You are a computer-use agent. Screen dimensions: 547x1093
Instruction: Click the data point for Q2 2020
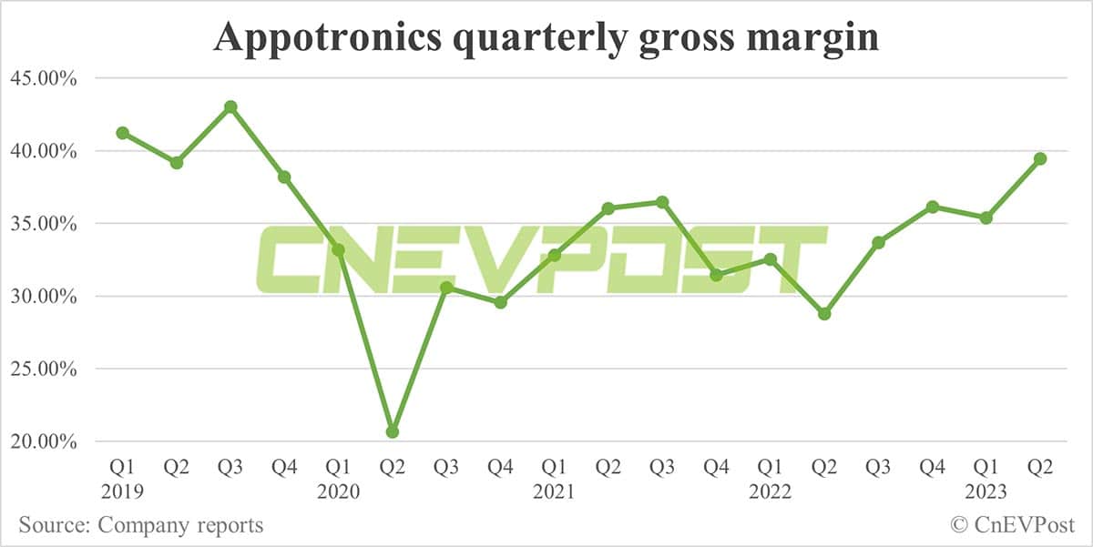(x=393, y=431)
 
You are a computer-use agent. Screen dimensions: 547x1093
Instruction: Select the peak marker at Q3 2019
(x=230, y=106)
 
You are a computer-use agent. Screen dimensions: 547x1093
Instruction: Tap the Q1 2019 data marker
(x=122, y=133)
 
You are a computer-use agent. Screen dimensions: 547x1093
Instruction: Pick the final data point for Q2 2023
(x=1040, y=158)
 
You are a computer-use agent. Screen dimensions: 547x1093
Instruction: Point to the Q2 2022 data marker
(x=824, y=314)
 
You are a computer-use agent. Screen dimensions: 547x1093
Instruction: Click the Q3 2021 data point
(x=662, y=202)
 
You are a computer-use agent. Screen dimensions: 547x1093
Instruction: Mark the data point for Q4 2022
(x=932, y=207)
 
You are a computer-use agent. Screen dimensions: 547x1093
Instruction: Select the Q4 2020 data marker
(x=500, y=302)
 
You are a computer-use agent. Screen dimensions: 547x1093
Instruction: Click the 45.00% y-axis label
(x=43, y=78)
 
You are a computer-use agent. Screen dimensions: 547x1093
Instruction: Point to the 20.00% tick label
(x=43, y=442)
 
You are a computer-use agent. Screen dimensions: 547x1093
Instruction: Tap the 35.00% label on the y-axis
(x=43, y=224)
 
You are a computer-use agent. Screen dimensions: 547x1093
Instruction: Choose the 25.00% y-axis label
(x=43, y=370)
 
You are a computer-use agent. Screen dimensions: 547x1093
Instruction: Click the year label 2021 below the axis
(x=554, y=492)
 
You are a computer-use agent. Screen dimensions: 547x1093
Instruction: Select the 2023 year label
(x=986, y=492)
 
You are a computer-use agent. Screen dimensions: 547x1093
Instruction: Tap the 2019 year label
(x=122, y=492)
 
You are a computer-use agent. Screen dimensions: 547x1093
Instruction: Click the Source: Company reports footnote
(x=141, y=525)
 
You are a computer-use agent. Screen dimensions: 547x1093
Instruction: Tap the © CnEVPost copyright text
(x=1012, y=525)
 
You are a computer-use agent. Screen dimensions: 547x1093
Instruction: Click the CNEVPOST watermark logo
(x=541, y=260)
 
